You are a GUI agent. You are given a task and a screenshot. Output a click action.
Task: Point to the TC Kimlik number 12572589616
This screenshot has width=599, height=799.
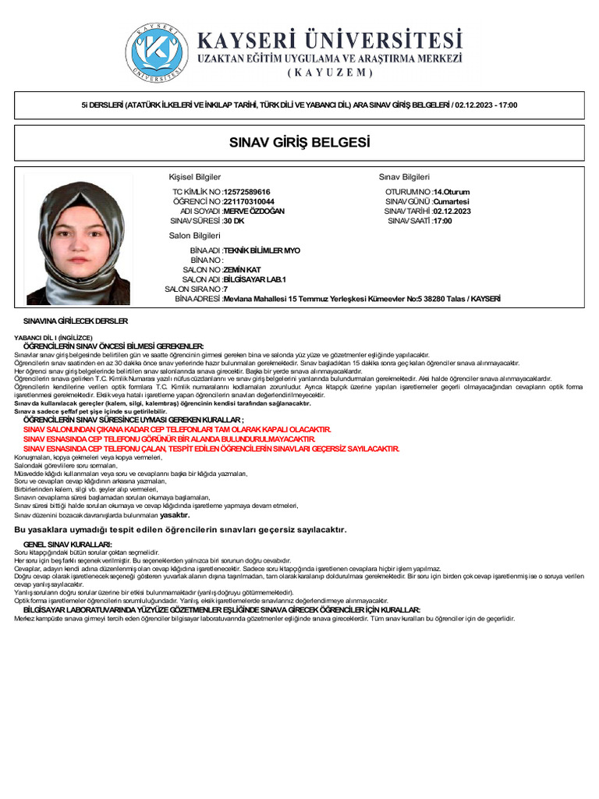tap(246, 192)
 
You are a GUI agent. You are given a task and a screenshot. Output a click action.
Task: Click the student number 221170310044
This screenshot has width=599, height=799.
tap(249, 201)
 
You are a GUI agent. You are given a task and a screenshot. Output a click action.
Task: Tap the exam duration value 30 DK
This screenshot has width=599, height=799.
tap(234, 221)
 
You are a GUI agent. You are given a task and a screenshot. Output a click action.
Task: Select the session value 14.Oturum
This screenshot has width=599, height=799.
tap(452, 192)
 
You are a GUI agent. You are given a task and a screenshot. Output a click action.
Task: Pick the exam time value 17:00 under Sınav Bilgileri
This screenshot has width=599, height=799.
tap(442, 221)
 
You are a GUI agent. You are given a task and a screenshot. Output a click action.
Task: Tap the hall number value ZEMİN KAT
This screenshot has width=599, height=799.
tap(242, 270)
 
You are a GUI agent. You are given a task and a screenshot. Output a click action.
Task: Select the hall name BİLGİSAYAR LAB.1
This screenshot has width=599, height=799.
tap(255, 279)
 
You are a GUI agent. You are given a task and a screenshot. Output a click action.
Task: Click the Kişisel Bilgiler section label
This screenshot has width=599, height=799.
tap(195, 177)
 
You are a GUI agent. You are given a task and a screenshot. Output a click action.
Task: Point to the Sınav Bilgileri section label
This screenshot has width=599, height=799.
tap(404, 177)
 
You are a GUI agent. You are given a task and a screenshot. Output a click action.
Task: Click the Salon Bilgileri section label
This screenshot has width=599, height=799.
tap(195, 236)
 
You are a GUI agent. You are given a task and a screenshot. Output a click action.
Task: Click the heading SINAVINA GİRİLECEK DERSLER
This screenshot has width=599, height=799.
tap(76, 321)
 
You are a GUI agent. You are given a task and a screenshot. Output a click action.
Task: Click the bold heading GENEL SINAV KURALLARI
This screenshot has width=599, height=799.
tap(68, 544)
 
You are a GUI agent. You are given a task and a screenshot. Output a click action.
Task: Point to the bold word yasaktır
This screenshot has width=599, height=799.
tap(175, 515)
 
